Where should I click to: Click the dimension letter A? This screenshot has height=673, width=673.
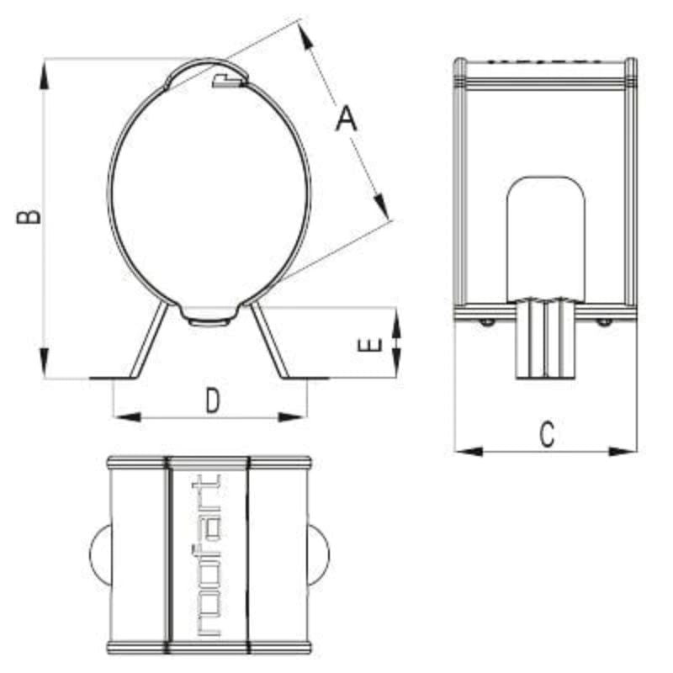pos(346,119)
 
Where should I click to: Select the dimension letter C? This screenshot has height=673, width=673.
pos(547,435)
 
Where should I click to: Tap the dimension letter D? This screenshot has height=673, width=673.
pos(213,401)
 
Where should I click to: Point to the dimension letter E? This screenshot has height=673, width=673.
pos(369,345)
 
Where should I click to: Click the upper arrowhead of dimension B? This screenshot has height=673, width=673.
pos(44,75)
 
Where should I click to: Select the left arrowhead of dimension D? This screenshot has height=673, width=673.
pos(128,416)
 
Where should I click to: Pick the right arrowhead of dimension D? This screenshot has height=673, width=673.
pos(293,416)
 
